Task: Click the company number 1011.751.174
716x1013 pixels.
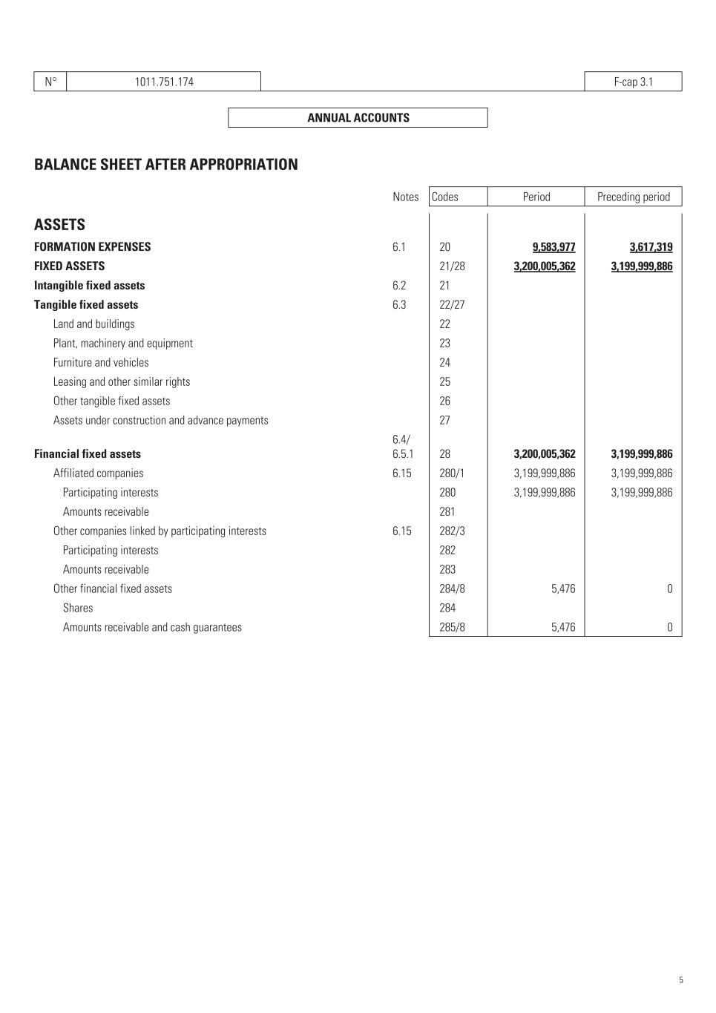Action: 164,82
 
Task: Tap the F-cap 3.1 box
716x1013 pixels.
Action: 633,82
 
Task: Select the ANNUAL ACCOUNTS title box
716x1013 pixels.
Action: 358,118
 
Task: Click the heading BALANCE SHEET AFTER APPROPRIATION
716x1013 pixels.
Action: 166,165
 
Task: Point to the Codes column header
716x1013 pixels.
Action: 445,197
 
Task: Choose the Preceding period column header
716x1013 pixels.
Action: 633,197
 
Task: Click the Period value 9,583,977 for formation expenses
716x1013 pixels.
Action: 554,247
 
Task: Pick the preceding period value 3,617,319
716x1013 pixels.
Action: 651,247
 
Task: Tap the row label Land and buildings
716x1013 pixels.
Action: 94,324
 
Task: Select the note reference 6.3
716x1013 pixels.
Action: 399,305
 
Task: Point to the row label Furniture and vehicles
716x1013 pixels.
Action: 101,363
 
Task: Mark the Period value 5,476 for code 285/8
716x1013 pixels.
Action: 563,627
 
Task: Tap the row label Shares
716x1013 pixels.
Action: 78,609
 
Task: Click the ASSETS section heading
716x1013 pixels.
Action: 59,225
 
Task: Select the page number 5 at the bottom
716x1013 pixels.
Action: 681,980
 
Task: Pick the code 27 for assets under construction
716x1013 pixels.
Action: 444,421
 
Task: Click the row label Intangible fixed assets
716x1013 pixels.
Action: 90,286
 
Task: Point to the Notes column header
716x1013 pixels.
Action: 406,197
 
